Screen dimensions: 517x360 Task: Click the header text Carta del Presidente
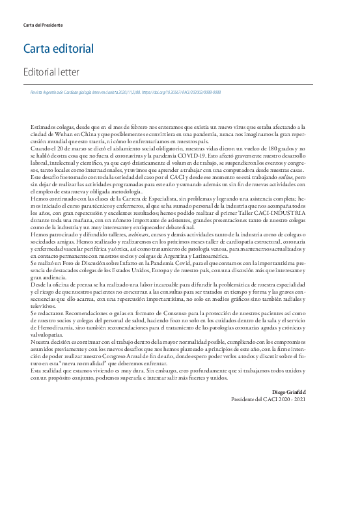pyautogui.click(x=42, y=25)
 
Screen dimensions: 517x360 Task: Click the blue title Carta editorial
pyautogui.click(x=59, y=48)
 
